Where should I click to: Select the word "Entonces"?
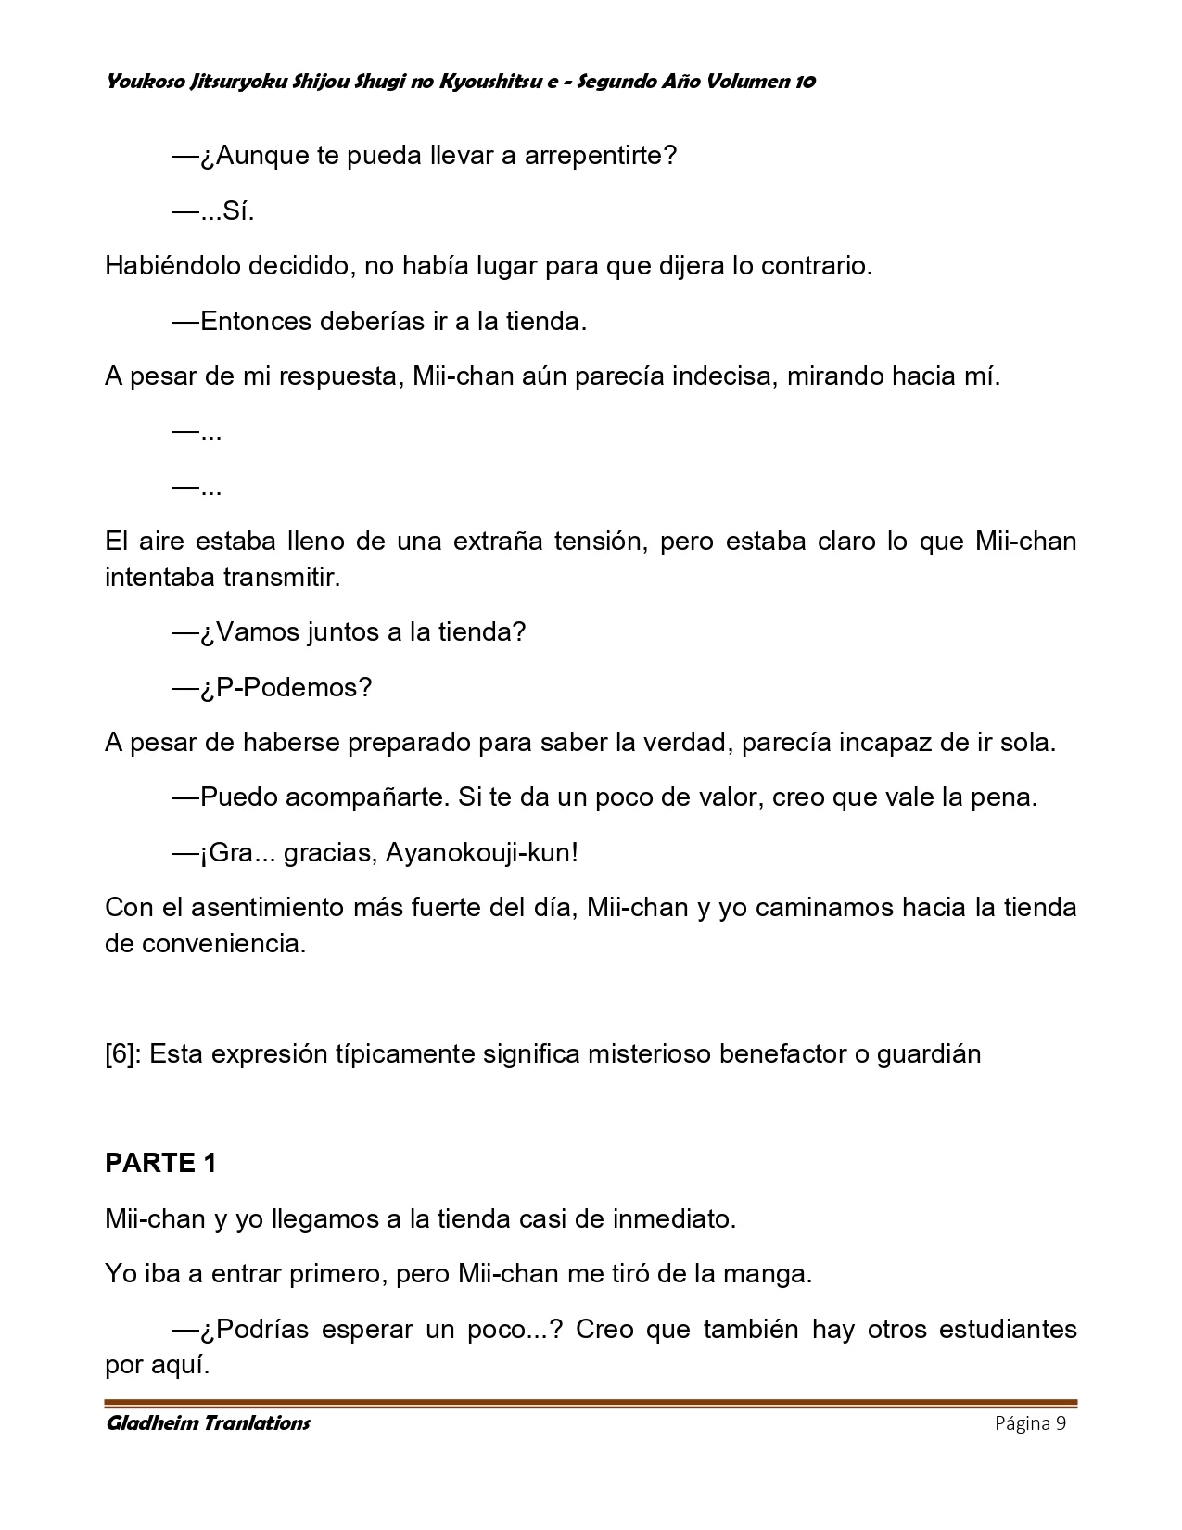pyautogui.click(x=256, y=322)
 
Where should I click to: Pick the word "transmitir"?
pyautogui.click(x=282, y=578)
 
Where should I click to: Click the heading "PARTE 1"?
pyautogui.click(x=160, y=1164)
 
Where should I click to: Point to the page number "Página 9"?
pyautogui.click(x=1030, y=1423)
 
